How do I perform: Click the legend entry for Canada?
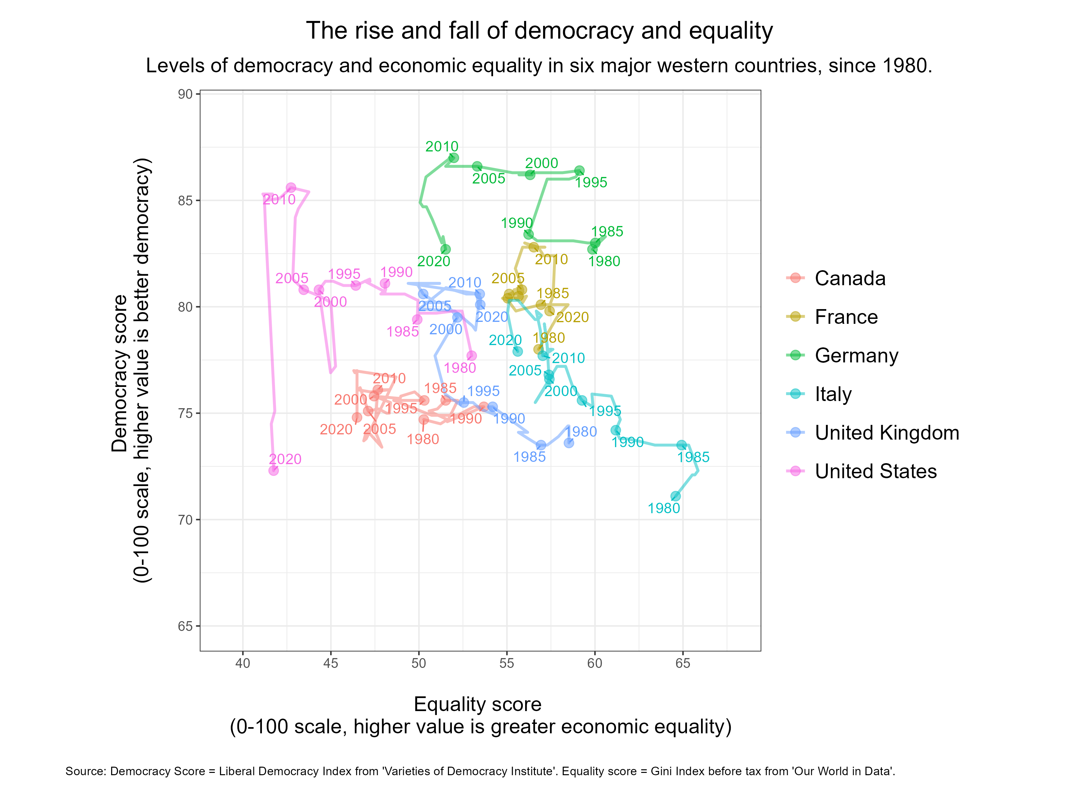click(x=850, y=278)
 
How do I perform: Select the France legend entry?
click(x=846, y=317)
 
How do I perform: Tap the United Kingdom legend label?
click(x=887, y=433)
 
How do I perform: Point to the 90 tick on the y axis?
click(x=185, y=94)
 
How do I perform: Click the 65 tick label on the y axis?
click(x=185, y=626)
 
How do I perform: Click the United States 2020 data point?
click(x=274, y=470)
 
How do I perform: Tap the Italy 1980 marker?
click(x=676, y=497)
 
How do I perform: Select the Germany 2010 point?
click(x=454, y=158)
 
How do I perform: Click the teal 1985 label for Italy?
click(x=693, y=458)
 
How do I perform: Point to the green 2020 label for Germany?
click(x=434, y=261)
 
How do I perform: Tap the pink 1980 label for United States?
click(x=460, y=368)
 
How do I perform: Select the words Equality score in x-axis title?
click(x=477, y=705)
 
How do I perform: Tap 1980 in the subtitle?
click(x=905, y=66)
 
